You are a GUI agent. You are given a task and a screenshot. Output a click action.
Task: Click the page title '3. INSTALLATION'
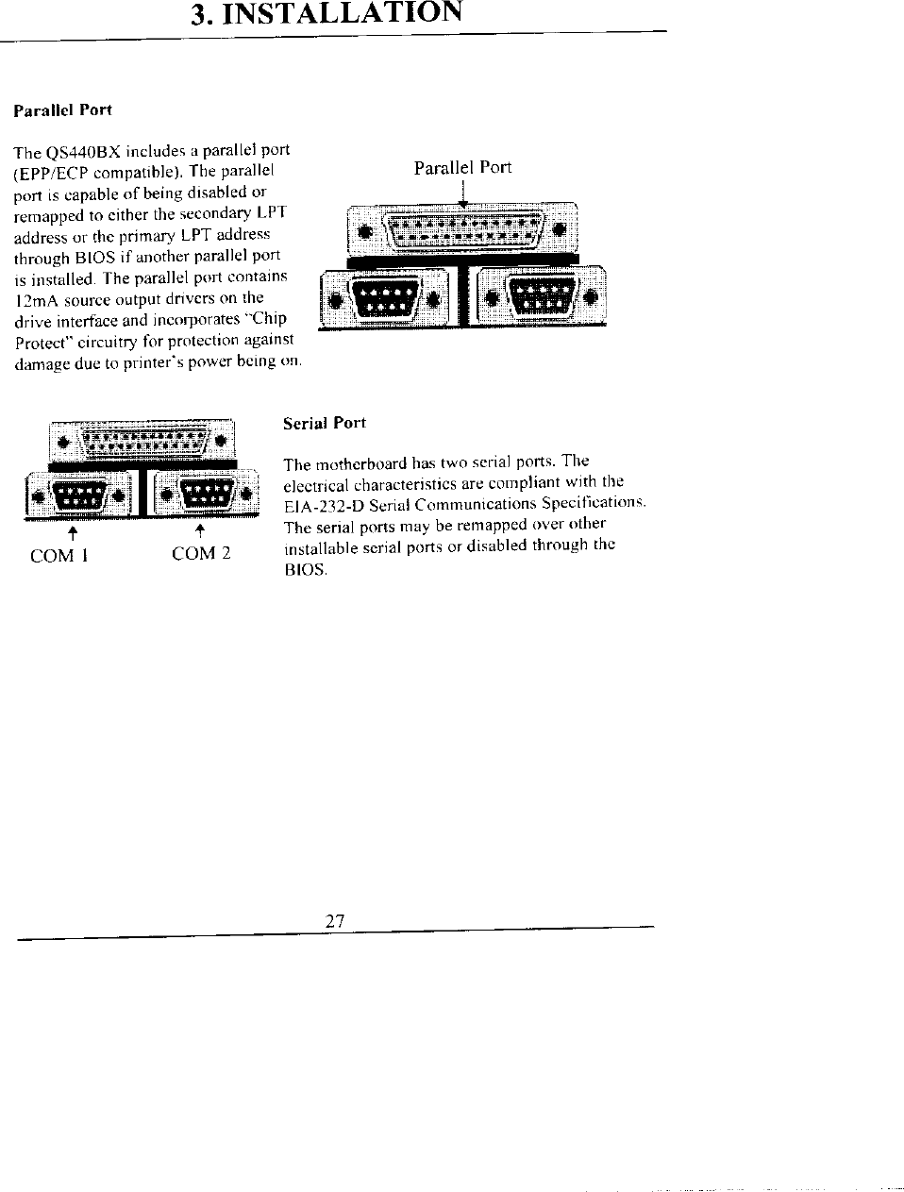326,15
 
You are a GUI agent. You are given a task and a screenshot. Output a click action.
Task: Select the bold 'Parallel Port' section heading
62,110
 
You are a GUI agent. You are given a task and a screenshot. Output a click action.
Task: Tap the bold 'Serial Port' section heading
325,423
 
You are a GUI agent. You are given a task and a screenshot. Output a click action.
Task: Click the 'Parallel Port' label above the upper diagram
462,168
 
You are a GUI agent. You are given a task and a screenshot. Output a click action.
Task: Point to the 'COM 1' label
59,556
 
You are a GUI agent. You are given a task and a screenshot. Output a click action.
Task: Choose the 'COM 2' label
201,554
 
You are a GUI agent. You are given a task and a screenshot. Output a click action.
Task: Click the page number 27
334,922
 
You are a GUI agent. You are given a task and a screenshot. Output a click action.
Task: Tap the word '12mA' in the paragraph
36,300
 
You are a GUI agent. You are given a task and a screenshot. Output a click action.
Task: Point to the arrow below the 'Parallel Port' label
463,193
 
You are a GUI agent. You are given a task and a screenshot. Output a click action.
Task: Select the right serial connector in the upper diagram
541,298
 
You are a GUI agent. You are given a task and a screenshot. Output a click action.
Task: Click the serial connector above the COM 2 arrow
205,494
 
